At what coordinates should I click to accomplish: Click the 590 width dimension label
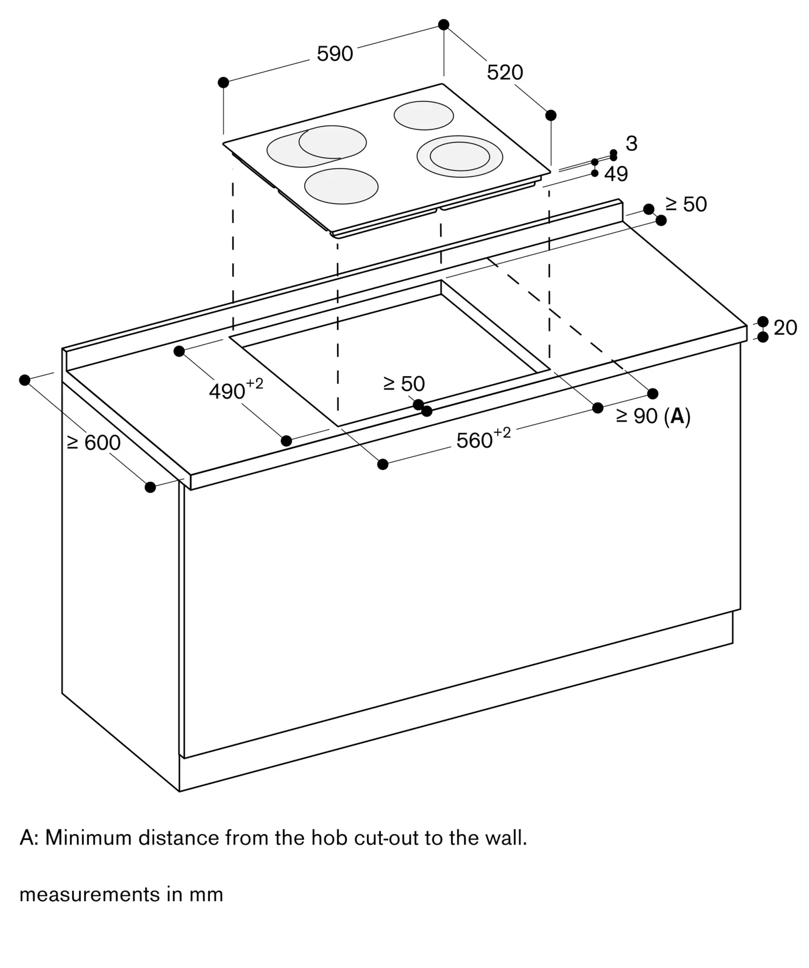(335, 53)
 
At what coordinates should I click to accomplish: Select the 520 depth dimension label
(505, 73)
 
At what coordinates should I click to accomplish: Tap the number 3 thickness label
(632, 143)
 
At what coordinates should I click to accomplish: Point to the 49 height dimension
(616, 174)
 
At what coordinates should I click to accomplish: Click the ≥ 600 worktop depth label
(94, 442)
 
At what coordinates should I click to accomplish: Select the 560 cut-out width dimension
(484, 438)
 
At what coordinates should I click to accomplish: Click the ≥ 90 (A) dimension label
(653, 416)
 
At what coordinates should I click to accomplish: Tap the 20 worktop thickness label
(785, 328)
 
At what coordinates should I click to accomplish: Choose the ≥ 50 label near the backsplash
(686, 205)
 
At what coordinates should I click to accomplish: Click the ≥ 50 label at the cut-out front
(404, 384)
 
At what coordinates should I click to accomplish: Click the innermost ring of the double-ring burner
(460, 156)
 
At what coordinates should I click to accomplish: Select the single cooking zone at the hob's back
(424, 116)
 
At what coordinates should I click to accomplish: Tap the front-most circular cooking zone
(341, 186)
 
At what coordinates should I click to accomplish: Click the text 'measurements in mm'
(121, 894)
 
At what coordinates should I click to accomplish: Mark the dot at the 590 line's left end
(223, 82)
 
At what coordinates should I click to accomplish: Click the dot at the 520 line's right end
(551, 115)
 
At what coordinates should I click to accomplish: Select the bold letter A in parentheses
(677, 416)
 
